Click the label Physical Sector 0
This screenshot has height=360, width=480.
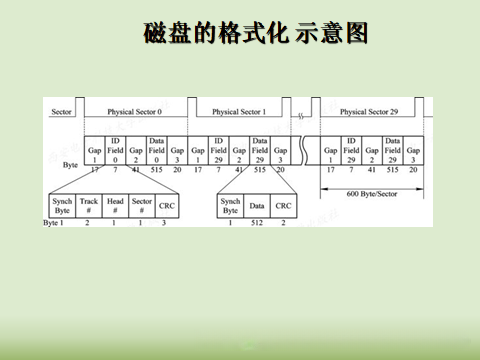coord(134,111)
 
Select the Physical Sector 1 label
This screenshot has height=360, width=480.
coord(239,111)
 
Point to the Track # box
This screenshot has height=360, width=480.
coord(89,205)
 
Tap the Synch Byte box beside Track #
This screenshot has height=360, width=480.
coord(62,205)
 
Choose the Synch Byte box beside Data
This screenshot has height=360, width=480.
coord(230,205)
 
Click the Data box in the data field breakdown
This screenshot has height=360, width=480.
coord(257,205)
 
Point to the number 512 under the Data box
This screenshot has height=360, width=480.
coord(257,222)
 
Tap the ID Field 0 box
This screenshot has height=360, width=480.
coord(115,151)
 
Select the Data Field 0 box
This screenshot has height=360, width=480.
coord(156,151)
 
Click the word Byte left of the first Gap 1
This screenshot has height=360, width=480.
coord(70,163)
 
